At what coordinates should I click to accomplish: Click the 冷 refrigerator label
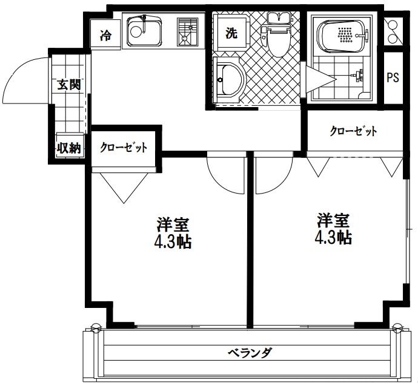(x=106, y=35)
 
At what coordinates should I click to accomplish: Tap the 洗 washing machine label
(x=231, y=34)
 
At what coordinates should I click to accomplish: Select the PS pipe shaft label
(x=393, y=78)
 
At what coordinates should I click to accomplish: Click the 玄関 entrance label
(x=68, y=85)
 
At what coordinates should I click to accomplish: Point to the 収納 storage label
(x=68, y=147)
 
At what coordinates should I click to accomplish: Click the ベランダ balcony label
(x=249, y=352)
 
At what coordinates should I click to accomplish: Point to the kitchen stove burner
(x=188, y=31)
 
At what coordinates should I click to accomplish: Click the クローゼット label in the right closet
(x=354, y=131)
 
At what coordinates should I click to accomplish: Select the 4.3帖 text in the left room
(x=173, y=243)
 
